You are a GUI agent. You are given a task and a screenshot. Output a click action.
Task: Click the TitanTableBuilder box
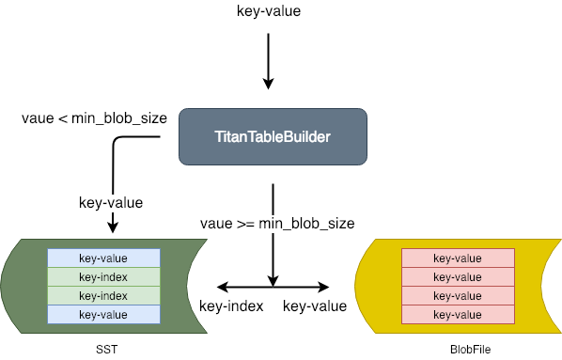pyautogui.click(x=272, y=138)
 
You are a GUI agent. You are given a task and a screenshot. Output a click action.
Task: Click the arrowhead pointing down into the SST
pyautogui.click(x=114, y=227)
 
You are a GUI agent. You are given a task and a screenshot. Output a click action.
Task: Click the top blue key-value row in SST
pyautogui.click(x=103, y=258)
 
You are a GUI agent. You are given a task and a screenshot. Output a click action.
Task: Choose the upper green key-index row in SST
pyautogui.click(x=103, y=276)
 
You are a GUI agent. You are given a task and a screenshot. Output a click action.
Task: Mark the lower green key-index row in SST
pyautogui.click(x=103, y=295)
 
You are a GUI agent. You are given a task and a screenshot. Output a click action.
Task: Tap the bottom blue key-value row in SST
pyautogui.click(x=103, y=314)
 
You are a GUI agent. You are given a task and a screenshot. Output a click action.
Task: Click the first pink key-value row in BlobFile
pyautogui.click(x=457, y=258)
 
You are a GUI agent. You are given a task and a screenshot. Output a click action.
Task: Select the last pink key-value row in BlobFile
pyautogui.click(x=457, y=314)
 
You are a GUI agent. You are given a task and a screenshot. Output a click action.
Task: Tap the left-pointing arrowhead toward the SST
pyautogui.click(x=222, y=286)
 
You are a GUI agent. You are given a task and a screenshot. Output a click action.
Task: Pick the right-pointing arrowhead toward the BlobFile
pyautogui.click(x=325, y=286)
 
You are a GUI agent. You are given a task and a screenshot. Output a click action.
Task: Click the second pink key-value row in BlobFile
pyautogui.click(x=457, y=276)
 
